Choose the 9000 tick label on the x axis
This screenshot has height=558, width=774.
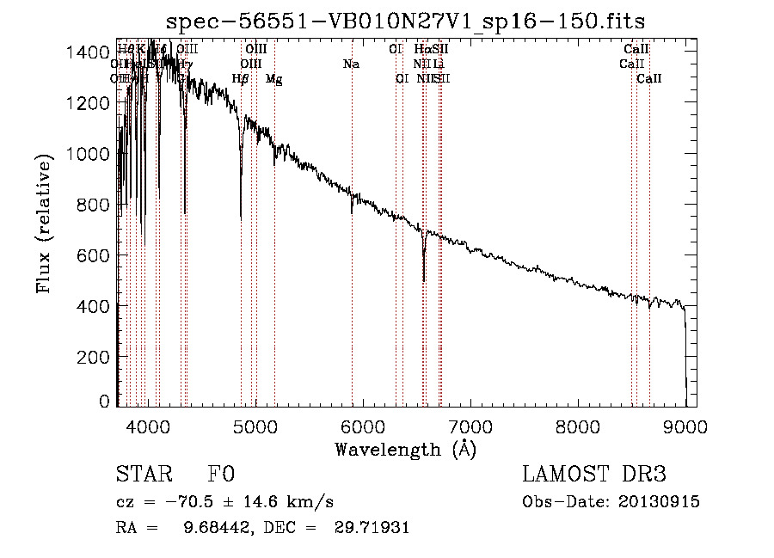pos(685,426)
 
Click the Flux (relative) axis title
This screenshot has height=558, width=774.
pos(45,224)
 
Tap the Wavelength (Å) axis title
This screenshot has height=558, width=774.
pos(405,449)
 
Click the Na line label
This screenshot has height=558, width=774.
pos(351,64)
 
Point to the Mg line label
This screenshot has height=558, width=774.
pos(273,79)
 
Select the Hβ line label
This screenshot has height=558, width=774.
pos(241,79)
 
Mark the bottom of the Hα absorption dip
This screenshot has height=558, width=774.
pos(423,280)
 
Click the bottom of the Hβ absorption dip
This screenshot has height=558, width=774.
pos(241,217)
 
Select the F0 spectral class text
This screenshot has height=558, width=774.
pos(221,475)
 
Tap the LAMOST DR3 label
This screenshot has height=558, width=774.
pos(594,475)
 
